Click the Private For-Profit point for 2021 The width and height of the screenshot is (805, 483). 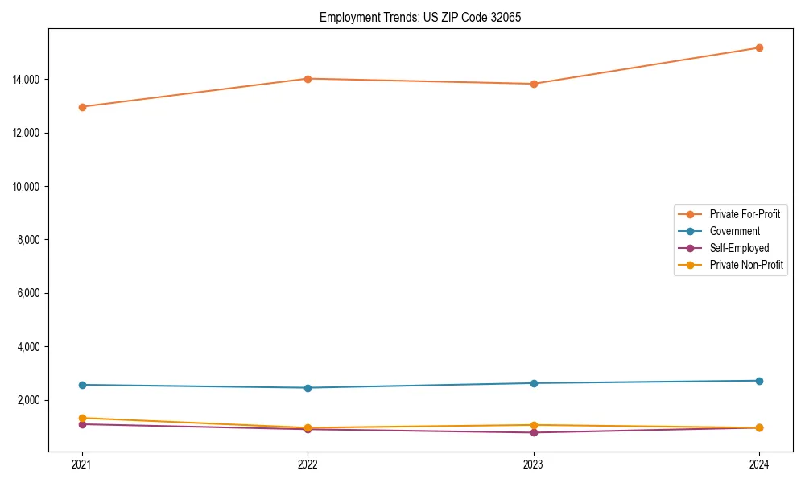click(x=81, y=107)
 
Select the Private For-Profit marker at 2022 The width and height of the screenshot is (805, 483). click(x=308, y=79)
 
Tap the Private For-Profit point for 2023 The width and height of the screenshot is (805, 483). click(x=533, y=84)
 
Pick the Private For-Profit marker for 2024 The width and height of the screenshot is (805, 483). click(x=759, y=47)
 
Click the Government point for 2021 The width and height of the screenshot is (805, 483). click(x=81, y=385)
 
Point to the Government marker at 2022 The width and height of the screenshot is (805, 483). click(x=308, y=388)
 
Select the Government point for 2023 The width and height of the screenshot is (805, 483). click(x=533, y=383)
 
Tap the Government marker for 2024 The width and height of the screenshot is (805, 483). click(x=759, y=381)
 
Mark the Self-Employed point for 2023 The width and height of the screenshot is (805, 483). click(x=533, y=433)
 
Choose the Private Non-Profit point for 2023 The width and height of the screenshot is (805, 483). click(x=533, y=425)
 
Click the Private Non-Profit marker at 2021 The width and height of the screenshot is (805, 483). click(x=81, y=418)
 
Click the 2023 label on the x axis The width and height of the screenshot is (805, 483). click(x=533, y=464)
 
